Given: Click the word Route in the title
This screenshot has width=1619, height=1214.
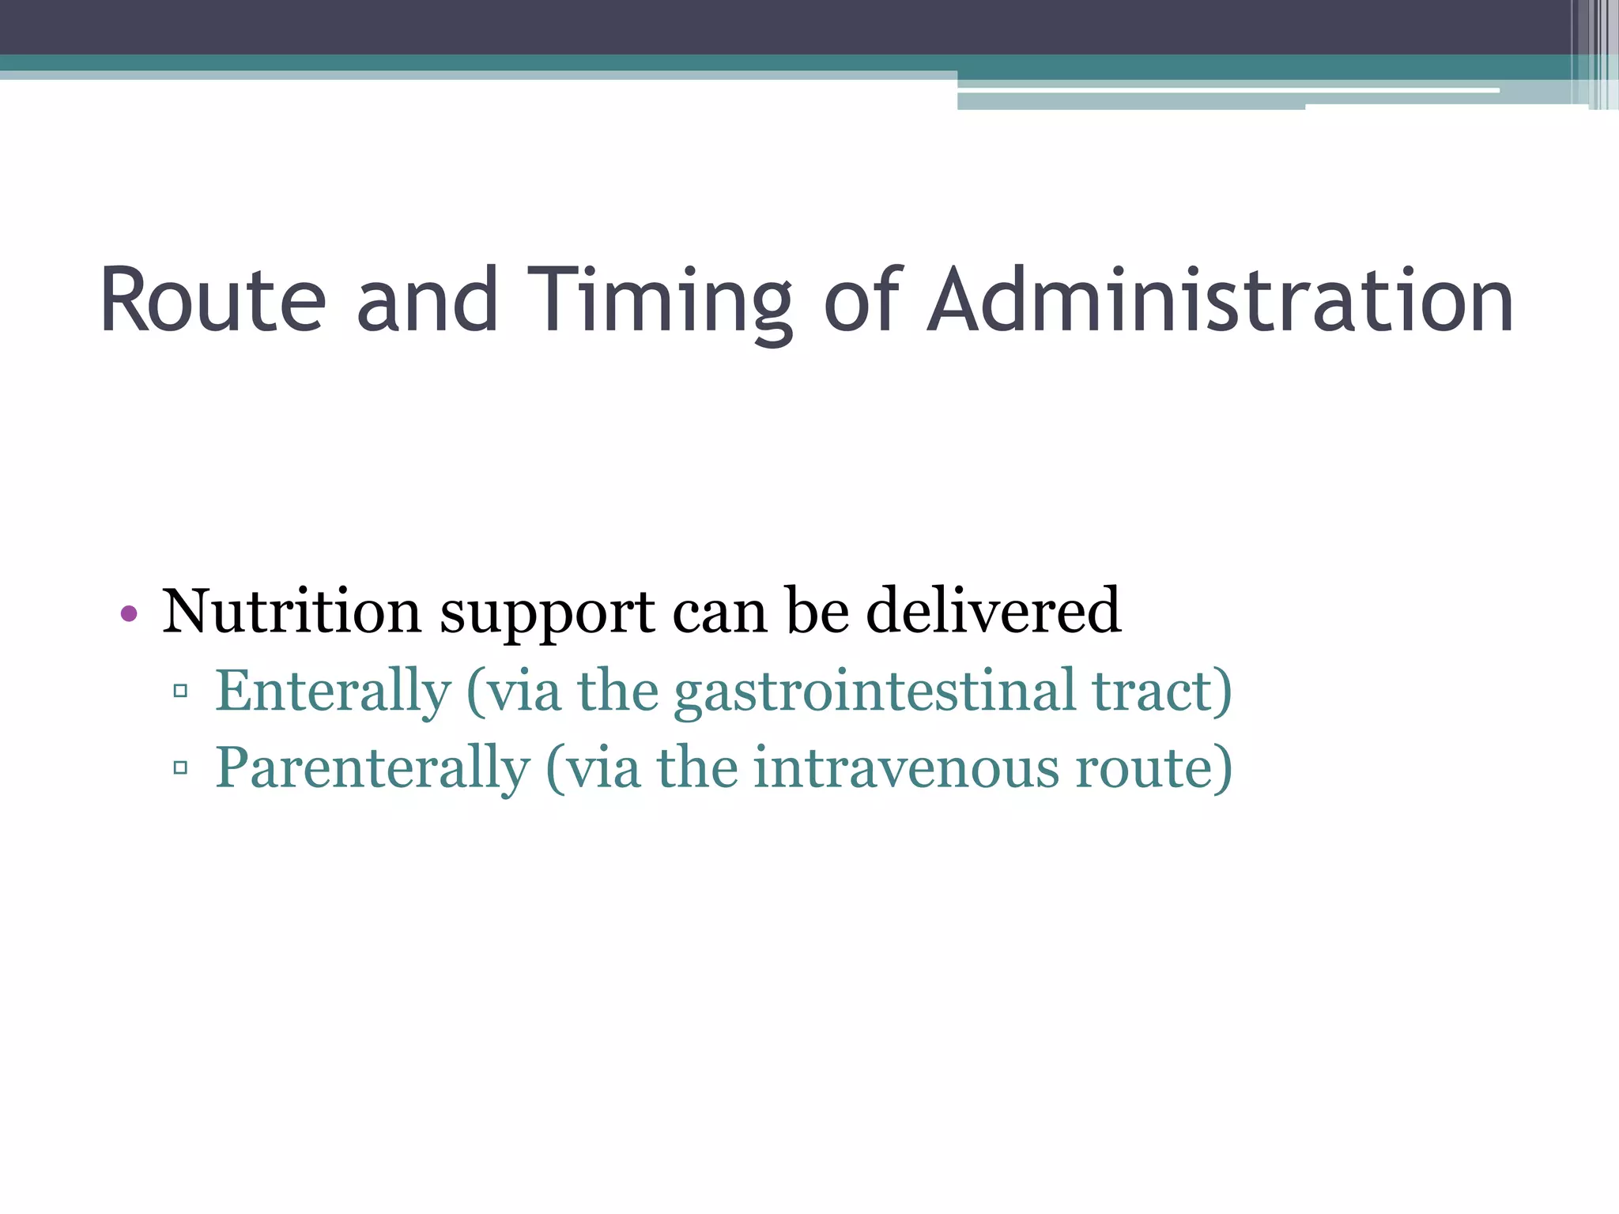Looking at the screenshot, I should tap(212, 300).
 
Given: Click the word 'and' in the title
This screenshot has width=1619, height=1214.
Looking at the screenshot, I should tap(427, 300).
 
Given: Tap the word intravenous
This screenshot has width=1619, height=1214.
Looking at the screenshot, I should tap(905, 767).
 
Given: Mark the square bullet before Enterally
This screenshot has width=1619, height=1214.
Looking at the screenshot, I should tap(180, 691).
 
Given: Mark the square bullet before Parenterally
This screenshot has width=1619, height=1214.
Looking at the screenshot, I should tap(180, 767).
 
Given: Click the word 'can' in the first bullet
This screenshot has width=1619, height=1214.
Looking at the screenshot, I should tap(719, 613).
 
